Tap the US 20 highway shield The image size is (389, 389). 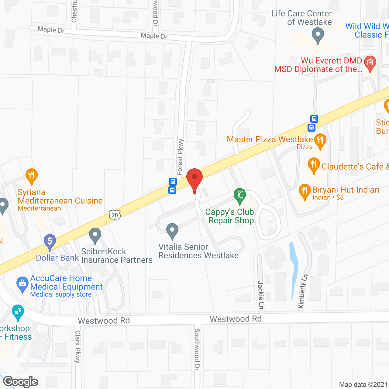tap(115, 215)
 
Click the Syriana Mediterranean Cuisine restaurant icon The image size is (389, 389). tap(32, 176)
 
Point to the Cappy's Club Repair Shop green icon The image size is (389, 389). tap(240, 195)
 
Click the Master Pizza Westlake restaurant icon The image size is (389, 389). tap(320, 140)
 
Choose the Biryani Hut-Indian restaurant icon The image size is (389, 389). tap(305, 191)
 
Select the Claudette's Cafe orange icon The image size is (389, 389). tap(314, 165)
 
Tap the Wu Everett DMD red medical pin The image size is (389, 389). tap(370, 63)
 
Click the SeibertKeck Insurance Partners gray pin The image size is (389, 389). tap(95, 235)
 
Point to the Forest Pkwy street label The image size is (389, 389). tap(180, 157)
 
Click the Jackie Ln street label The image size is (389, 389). tap(261, 295)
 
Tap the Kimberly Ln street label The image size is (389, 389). tap(303, 291)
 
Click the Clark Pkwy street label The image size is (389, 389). tap(78, 346)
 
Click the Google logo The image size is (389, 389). tap(20, 382)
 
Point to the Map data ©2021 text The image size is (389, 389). tap(363, 384)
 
